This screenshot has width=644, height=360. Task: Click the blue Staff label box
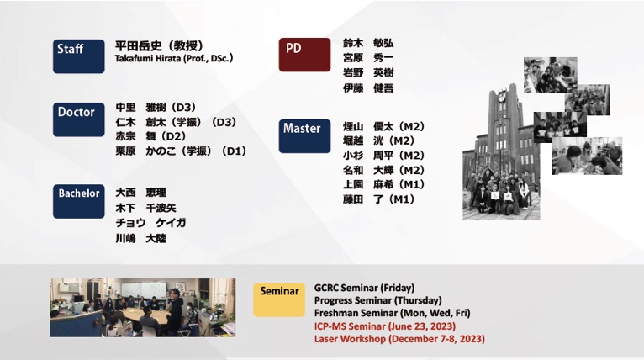(x=78, y=56)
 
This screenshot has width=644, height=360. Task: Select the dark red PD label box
(x=304, y=55)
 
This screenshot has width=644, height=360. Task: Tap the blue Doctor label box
(x=78, y=119)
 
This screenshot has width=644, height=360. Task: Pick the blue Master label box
(x=304, y=136)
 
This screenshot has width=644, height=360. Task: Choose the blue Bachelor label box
(x=78, y=201)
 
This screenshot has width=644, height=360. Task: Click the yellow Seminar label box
(x=279, y=299)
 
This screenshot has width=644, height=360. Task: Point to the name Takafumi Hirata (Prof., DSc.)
(x=174, y=58)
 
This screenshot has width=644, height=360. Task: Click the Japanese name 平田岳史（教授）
(x=160, y=45)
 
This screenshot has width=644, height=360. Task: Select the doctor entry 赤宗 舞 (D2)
(x=150, y=136)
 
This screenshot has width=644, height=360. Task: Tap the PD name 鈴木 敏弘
(x=368, y=43)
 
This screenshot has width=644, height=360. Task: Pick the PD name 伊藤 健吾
(x=368, y=87)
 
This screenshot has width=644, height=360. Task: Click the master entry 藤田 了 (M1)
(x=378, y=199)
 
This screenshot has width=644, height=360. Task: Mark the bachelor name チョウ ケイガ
(x=150, y=223)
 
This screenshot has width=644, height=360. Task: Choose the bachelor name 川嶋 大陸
(x=141, y=238)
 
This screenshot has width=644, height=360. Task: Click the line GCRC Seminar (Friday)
(x=364, y=288)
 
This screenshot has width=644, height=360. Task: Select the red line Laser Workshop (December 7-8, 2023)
(x=399, y=339)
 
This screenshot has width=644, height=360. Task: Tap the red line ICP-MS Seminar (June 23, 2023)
(x=385, y=326)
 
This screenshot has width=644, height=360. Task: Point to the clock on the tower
(x=501, y=98)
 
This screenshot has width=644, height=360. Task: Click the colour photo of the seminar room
(x=143, y=308)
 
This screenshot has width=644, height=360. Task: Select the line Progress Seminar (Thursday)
(x=377, y=300)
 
